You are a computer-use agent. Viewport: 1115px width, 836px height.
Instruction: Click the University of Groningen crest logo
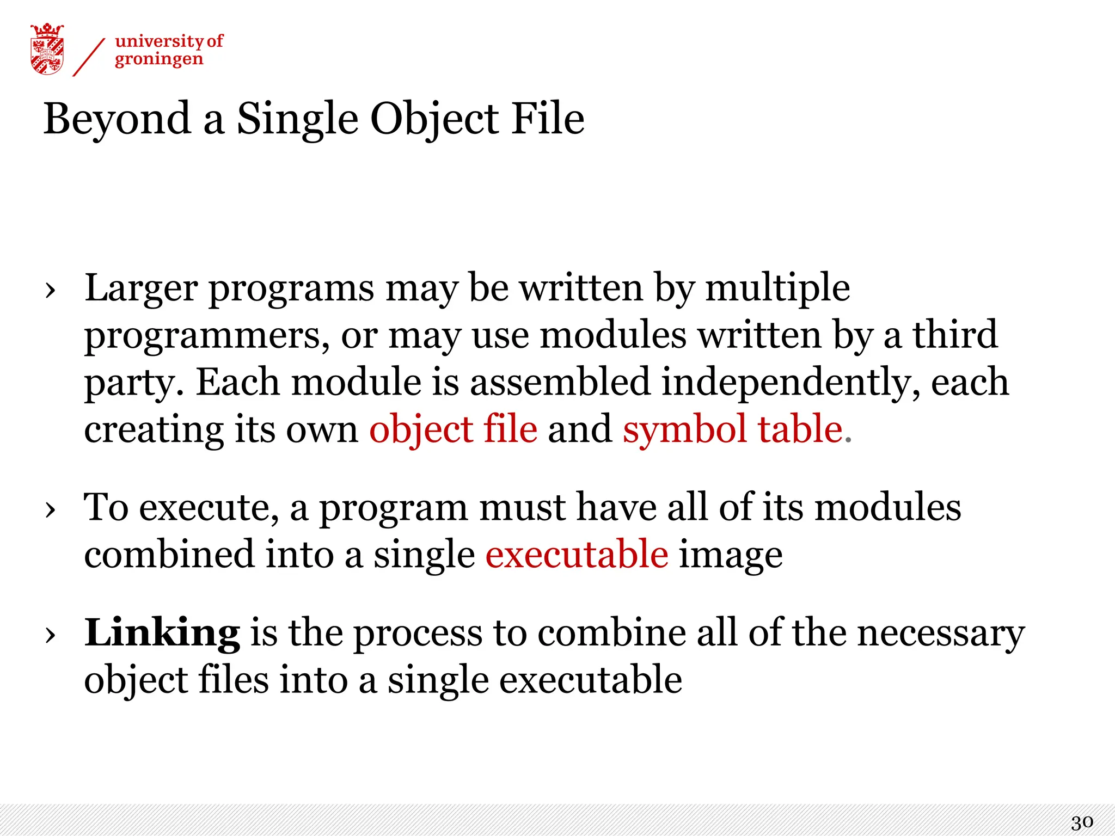point(47,49)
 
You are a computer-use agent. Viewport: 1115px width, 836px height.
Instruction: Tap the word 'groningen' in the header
point(158,59)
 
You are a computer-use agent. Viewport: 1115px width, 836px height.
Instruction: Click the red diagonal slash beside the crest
point(89,57)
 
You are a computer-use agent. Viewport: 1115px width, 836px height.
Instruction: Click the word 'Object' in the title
point(434,119)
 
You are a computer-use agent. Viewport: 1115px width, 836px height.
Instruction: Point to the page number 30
point(1082,822)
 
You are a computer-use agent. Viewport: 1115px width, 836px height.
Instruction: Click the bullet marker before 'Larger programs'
point(51,291)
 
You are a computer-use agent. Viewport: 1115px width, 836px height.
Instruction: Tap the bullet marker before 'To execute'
point(51,510)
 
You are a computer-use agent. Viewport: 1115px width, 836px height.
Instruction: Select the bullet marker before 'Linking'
point(51,635)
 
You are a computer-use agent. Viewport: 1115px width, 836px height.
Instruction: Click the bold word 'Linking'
point(162,633)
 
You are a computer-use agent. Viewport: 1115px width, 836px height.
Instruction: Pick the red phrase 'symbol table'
point(733,429)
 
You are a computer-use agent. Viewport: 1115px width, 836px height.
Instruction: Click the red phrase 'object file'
point(453,430)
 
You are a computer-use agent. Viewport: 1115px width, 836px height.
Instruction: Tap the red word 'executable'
point(577,554)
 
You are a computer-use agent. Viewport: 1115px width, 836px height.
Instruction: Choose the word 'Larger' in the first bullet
point(141,288)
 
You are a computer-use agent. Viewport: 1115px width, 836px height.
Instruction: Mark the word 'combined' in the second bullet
point(169,554)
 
